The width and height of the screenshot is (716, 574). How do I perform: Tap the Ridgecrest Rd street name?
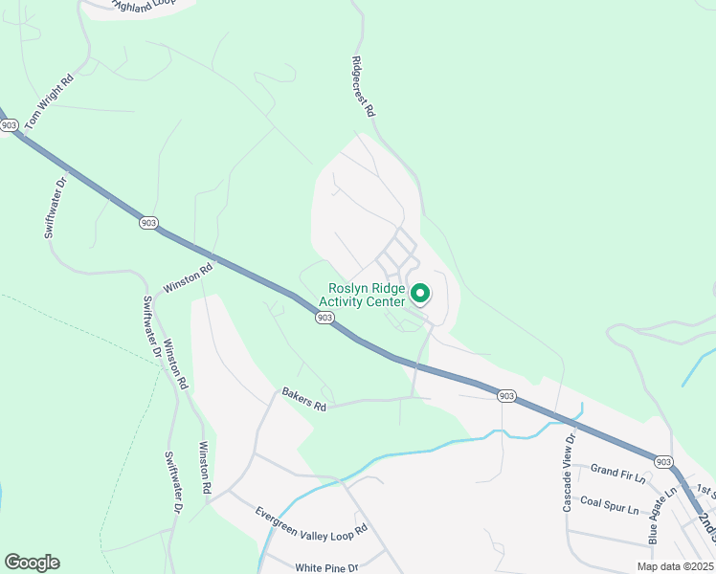(363, 85)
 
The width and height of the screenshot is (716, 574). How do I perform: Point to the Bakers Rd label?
(304, 399)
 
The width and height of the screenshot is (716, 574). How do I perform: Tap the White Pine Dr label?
(325, 567)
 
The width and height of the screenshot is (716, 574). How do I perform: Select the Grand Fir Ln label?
(618, 469)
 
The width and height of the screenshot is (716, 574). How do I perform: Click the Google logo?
(32, 563)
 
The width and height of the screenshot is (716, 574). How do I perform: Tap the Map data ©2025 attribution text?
(675, 566)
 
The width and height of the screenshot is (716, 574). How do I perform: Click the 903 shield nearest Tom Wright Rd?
(10, 125)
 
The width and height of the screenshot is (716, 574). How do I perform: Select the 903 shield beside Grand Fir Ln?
(664, 461)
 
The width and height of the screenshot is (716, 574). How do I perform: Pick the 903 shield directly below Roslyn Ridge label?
(325, 318)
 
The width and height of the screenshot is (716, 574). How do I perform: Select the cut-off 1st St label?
(706, 491)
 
